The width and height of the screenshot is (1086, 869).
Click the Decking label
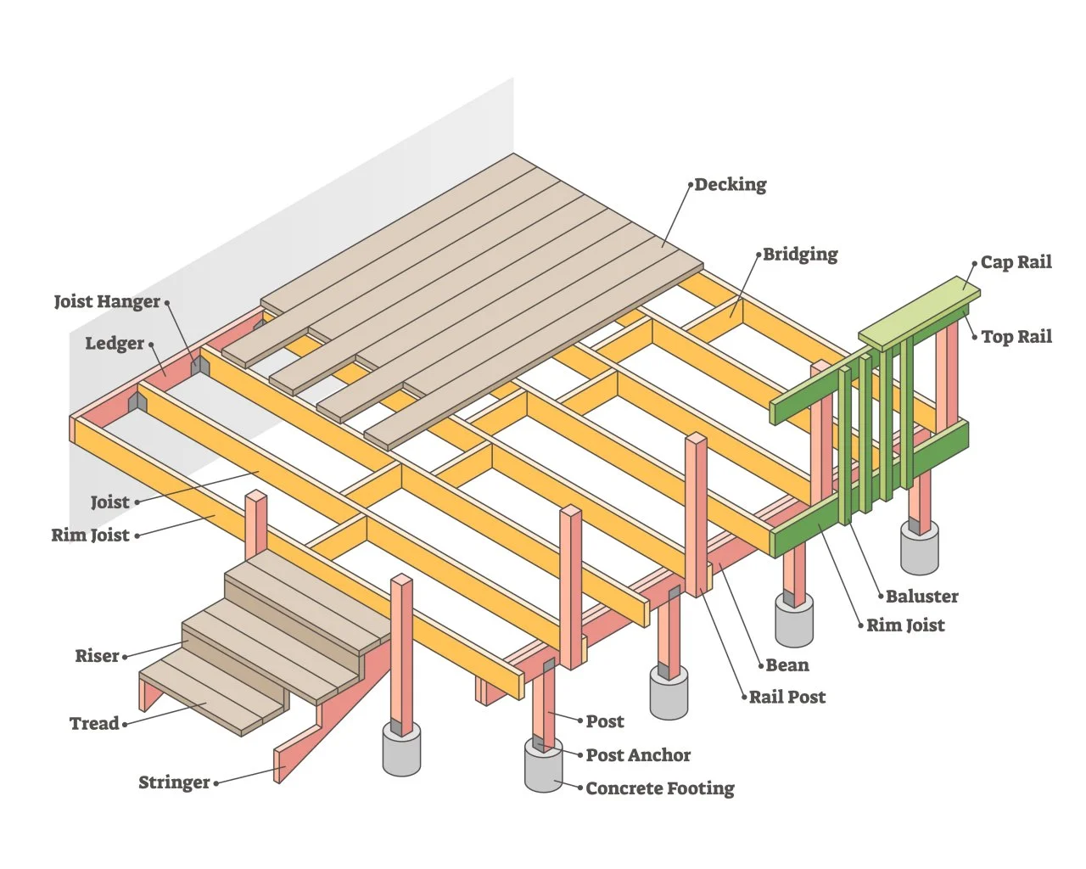click(730, 184)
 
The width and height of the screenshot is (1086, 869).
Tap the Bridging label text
click(799, 254)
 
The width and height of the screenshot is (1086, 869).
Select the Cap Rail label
click(1016, 262)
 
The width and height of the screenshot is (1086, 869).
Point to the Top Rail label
click(1016, 337)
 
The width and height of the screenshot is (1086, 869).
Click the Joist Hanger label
click(107, 301)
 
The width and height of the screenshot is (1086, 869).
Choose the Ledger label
click(115, 344)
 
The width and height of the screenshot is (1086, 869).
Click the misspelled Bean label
click(787, 665)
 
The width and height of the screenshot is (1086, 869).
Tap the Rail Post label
click(787, 698)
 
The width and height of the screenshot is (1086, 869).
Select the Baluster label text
click(921, 597)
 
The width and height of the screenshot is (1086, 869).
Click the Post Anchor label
click(638, 755)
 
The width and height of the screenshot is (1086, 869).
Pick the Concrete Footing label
click(659, 788)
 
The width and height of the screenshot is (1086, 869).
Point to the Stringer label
click(174, 782)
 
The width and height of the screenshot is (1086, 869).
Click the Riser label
click(97, 656)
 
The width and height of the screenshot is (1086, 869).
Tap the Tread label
click(93, 724)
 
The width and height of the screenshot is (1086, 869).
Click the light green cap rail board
click(920, 311)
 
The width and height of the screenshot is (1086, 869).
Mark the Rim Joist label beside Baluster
click(904, 625)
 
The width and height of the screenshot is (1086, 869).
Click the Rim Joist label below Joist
click(90, 535)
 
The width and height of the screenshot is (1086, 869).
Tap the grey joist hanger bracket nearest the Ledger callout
click(200, 366)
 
